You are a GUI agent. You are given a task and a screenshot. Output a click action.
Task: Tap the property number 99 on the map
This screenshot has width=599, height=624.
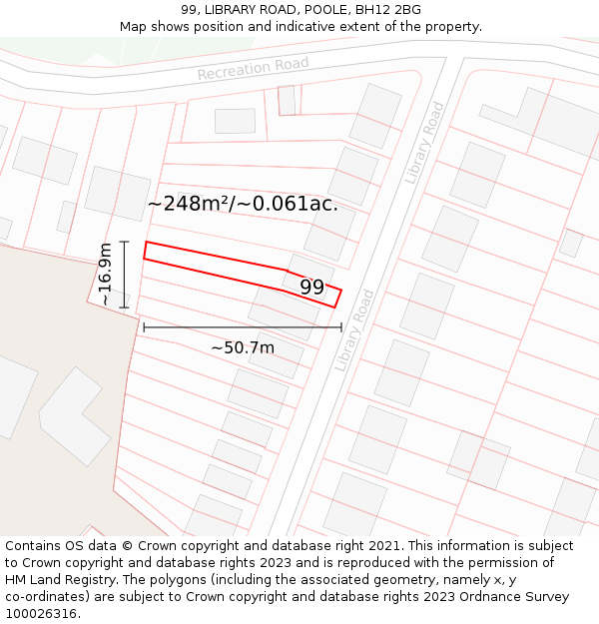[312, 288]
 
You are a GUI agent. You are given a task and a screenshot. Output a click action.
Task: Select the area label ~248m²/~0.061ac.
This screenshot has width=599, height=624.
[243, 204]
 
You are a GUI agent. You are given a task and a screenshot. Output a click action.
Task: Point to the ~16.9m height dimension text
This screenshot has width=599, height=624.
[105, 274]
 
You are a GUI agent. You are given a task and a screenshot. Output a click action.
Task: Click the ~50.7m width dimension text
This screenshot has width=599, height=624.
[243, 347]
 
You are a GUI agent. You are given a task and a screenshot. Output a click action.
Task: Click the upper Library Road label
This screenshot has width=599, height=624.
[424, 143]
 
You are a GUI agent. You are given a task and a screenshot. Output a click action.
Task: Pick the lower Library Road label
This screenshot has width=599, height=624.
[353, 330]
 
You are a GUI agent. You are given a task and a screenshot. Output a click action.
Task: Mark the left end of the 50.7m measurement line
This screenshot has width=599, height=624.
[144, 326]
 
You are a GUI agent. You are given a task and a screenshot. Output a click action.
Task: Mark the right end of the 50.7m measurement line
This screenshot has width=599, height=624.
[341, 326]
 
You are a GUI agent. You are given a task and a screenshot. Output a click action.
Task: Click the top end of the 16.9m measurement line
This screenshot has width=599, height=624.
[124, 242]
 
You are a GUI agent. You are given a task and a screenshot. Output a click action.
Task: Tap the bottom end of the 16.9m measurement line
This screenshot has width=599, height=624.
[124, 308]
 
